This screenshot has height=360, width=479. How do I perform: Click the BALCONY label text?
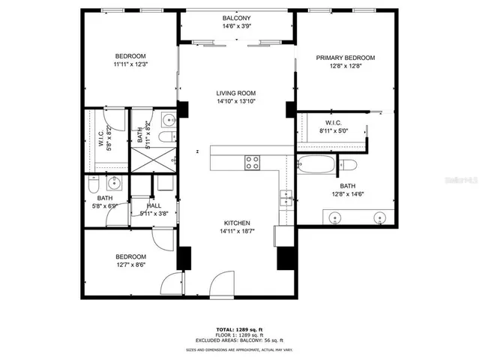[236, 17]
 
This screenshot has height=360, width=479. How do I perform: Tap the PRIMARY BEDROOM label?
[345, 58]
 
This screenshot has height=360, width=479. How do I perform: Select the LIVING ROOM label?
[236, 92]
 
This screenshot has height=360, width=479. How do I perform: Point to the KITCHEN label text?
[236, 223]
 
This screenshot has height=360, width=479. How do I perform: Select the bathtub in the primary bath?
[317, 164]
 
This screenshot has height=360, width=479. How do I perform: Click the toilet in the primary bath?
[349, 164]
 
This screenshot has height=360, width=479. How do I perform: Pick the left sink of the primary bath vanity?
[335, 218]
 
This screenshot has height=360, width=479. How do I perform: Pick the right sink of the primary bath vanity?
[378, 218]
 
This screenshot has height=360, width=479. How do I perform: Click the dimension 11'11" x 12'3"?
[130, 65]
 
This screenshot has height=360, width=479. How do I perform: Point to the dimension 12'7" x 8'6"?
[130, 264]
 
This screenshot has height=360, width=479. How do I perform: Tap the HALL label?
[154, 205]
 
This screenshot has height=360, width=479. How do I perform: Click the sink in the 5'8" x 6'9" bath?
[115, 182]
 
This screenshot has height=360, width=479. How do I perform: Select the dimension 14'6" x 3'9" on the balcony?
[236, 26]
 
